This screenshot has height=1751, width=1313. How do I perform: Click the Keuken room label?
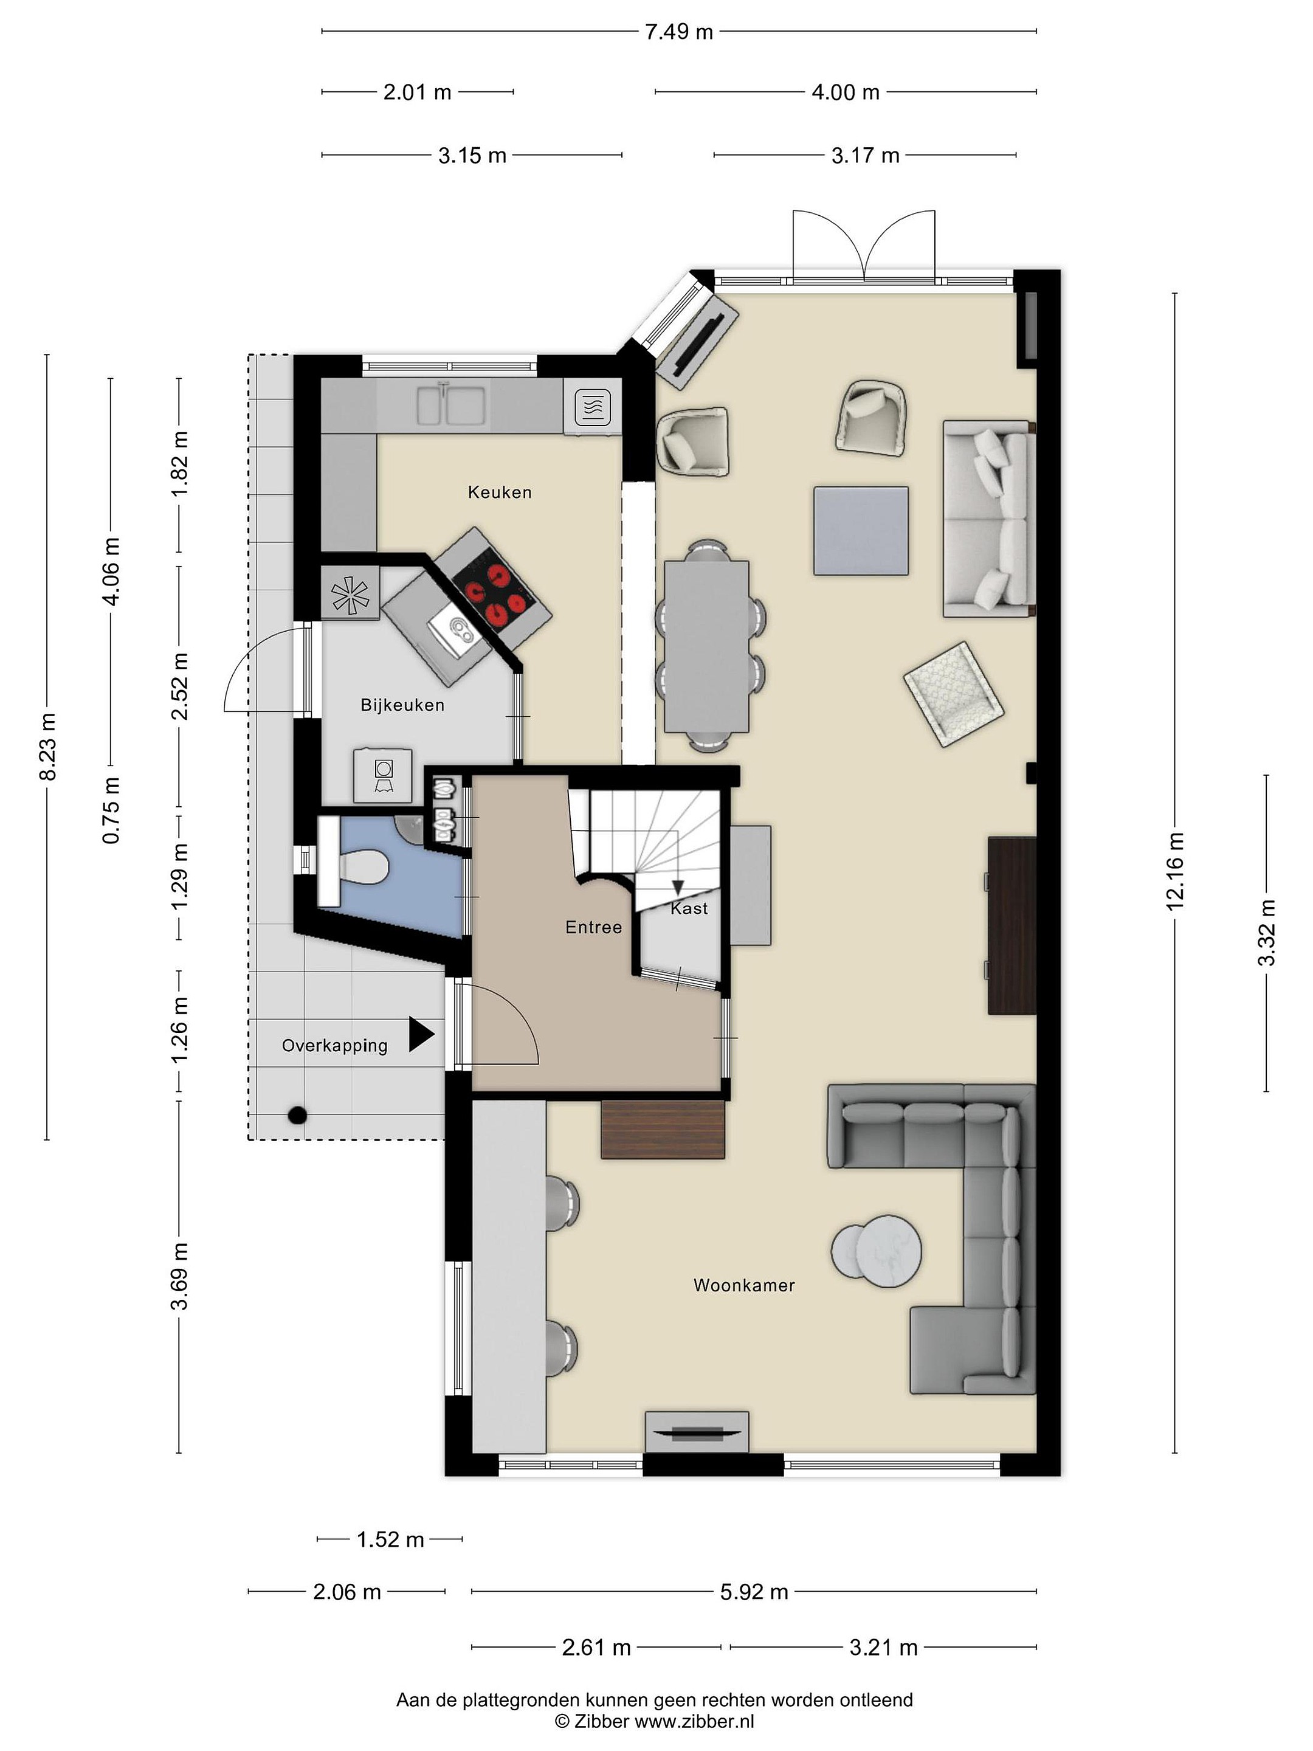point(500,492)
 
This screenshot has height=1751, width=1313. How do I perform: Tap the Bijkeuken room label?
point(402,705)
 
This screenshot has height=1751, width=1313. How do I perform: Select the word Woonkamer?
point(744,1285)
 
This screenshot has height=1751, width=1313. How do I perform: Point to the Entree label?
point(593,927)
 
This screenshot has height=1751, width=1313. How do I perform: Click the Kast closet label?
point(689,909)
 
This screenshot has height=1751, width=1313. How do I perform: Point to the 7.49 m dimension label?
point(679,32)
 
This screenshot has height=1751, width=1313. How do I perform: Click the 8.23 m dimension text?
point(47,747)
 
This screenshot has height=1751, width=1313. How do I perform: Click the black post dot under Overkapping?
point(297,1116)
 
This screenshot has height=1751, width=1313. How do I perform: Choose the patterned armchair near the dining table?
point(954,694)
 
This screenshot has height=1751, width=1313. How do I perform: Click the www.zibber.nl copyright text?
point(655,1721)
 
